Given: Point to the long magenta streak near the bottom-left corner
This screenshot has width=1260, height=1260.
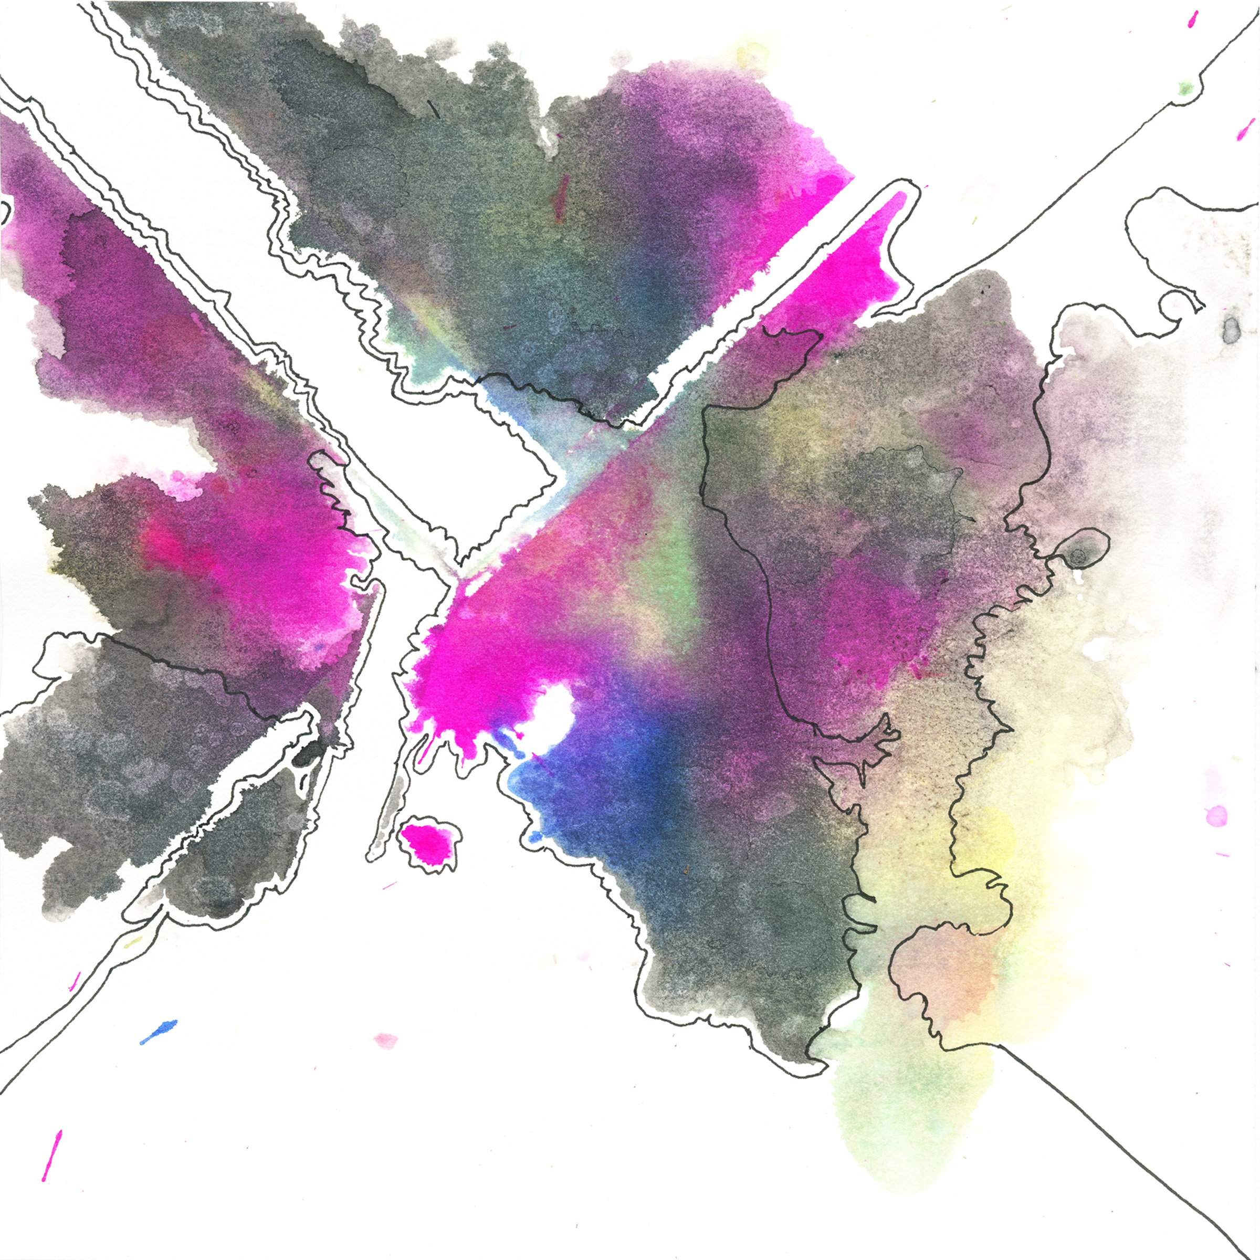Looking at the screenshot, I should pos(51,1155).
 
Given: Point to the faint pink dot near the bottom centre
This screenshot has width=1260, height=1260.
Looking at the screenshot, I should pos(385,1039).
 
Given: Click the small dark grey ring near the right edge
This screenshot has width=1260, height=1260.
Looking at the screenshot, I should pos(1231,329).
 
